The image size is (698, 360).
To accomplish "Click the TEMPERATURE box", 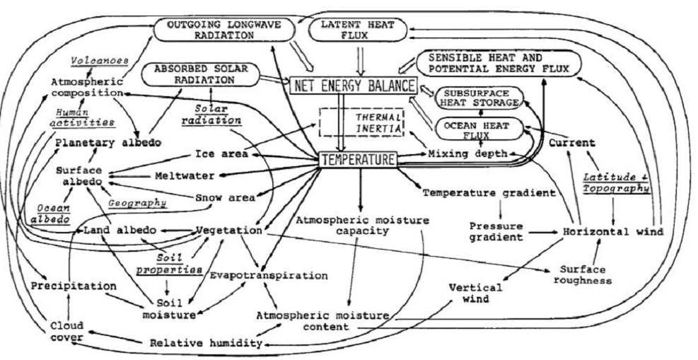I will (358, 159).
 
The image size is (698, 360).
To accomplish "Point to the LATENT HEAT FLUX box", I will (359, 30).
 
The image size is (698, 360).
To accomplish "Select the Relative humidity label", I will (206, 343).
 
